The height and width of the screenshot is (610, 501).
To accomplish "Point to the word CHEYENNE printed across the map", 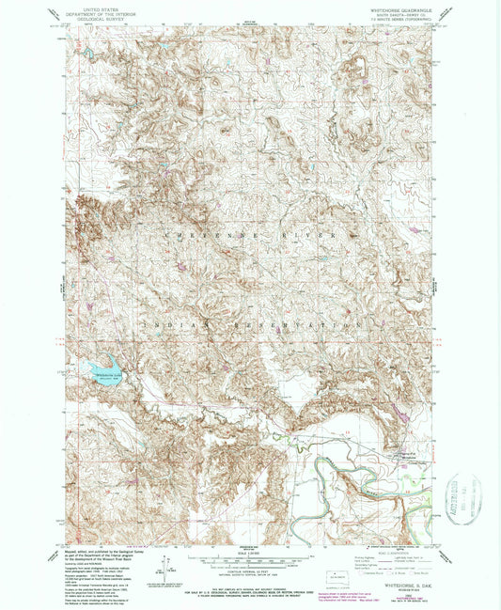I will [201, 233].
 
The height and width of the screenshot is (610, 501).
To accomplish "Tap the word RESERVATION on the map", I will [282, 321].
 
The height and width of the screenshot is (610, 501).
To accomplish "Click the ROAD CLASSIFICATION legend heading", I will [390, 554].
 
